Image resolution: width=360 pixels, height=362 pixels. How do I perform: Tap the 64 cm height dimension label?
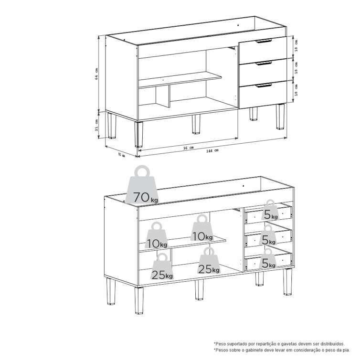click(x=96, y=74)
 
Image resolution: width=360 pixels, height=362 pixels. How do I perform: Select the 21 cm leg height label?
click(x=96, y=126)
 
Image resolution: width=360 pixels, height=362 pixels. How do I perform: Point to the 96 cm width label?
click(x=189, y=148)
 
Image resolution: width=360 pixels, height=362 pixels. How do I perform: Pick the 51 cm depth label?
click(x=122, y=155)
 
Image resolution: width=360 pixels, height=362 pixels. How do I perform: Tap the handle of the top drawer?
click(x=264, y=42)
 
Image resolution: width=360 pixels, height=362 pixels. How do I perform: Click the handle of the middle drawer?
click(x=265, y=63)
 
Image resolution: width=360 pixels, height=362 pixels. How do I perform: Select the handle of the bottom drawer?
click(x=265, y=85)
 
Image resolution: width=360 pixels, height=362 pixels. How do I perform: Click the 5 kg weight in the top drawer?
click(x=270, y=210)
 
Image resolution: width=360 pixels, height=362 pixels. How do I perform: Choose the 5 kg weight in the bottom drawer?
click(x=268, y=259)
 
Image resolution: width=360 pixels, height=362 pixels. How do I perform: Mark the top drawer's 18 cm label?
click(x=296, y=45)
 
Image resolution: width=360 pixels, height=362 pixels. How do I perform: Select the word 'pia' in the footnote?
click(x=347, y=350)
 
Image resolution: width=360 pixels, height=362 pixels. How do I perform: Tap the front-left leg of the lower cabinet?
click(x=139, y=300)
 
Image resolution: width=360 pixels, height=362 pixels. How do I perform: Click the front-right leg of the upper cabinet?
click(x=280, y=116)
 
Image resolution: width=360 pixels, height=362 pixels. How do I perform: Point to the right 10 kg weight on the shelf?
click(x=202, y=228)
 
